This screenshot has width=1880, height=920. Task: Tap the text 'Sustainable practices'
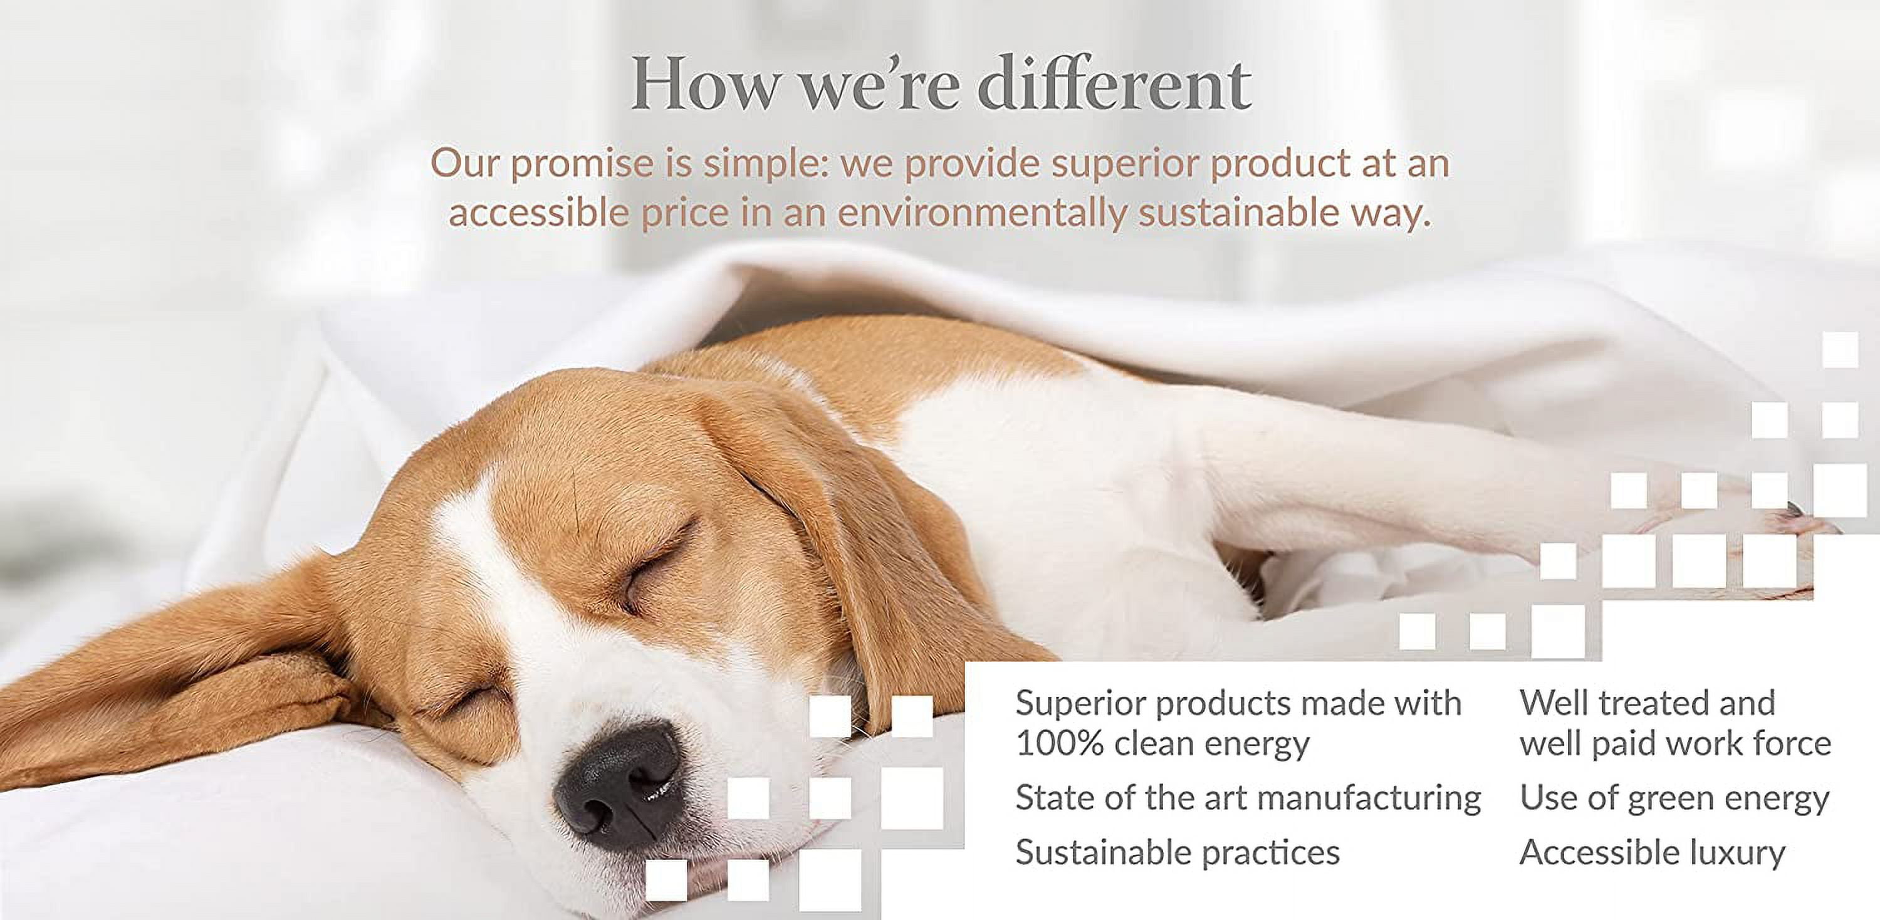(1177, 853)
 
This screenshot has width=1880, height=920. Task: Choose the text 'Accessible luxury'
(1653, 853)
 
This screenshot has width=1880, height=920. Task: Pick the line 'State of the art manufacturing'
(1248, 798)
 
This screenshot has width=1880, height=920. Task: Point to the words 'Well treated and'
(1647, 703)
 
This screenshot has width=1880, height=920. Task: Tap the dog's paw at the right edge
(1803, 521)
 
